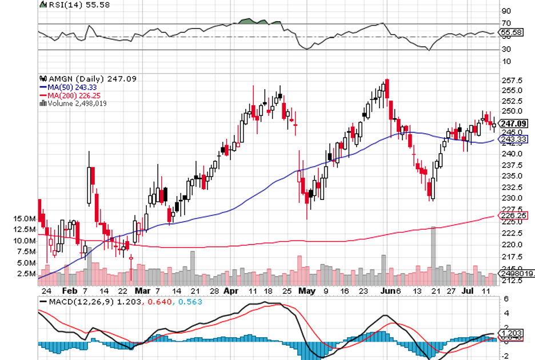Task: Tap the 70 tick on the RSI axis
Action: pyautogui.click(x=505, y=23)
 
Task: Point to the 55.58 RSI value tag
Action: pyautogui.click(x=511, y=33)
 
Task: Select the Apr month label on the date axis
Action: pyautogui.click(x=231, y=290)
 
